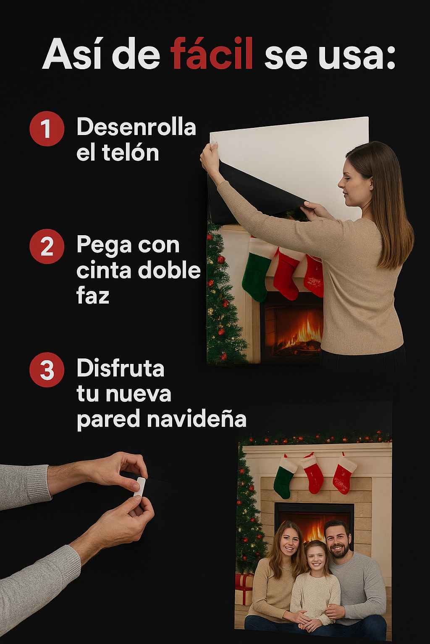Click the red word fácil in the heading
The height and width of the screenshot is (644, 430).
[212, 53]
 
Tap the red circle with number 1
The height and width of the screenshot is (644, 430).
[47, 129]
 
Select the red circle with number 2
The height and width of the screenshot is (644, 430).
[47, 247]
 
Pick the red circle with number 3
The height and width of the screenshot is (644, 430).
[47, 370]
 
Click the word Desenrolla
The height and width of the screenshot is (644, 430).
[136, 127]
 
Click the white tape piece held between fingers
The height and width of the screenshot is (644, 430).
[139, 487]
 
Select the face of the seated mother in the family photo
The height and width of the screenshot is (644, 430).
[289, 539]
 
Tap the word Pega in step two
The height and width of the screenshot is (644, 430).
[104, 245]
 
